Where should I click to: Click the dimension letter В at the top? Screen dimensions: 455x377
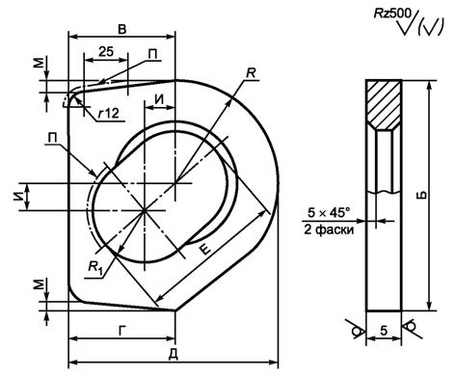click(x=122, y=29)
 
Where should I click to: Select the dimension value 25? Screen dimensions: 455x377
click(x=106, y=51)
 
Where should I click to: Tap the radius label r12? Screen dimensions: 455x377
click(x=109, y=113)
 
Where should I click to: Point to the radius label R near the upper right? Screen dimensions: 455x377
click(x=251, y=73)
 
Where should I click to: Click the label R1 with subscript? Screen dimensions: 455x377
click(x=95, y=267)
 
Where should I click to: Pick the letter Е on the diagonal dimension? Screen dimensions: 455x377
click(x=205, y=249)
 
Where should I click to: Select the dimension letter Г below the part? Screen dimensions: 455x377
click(x=121, y=332)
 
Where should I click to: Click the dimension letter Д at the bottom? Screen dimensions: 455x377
click(x=174, y=356)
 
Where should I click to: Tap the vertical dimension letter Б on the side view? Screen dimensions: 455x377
click(x=423, y=195)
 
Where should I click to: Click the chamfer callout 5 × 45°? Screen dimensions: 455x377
click(x=329, y=213)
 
